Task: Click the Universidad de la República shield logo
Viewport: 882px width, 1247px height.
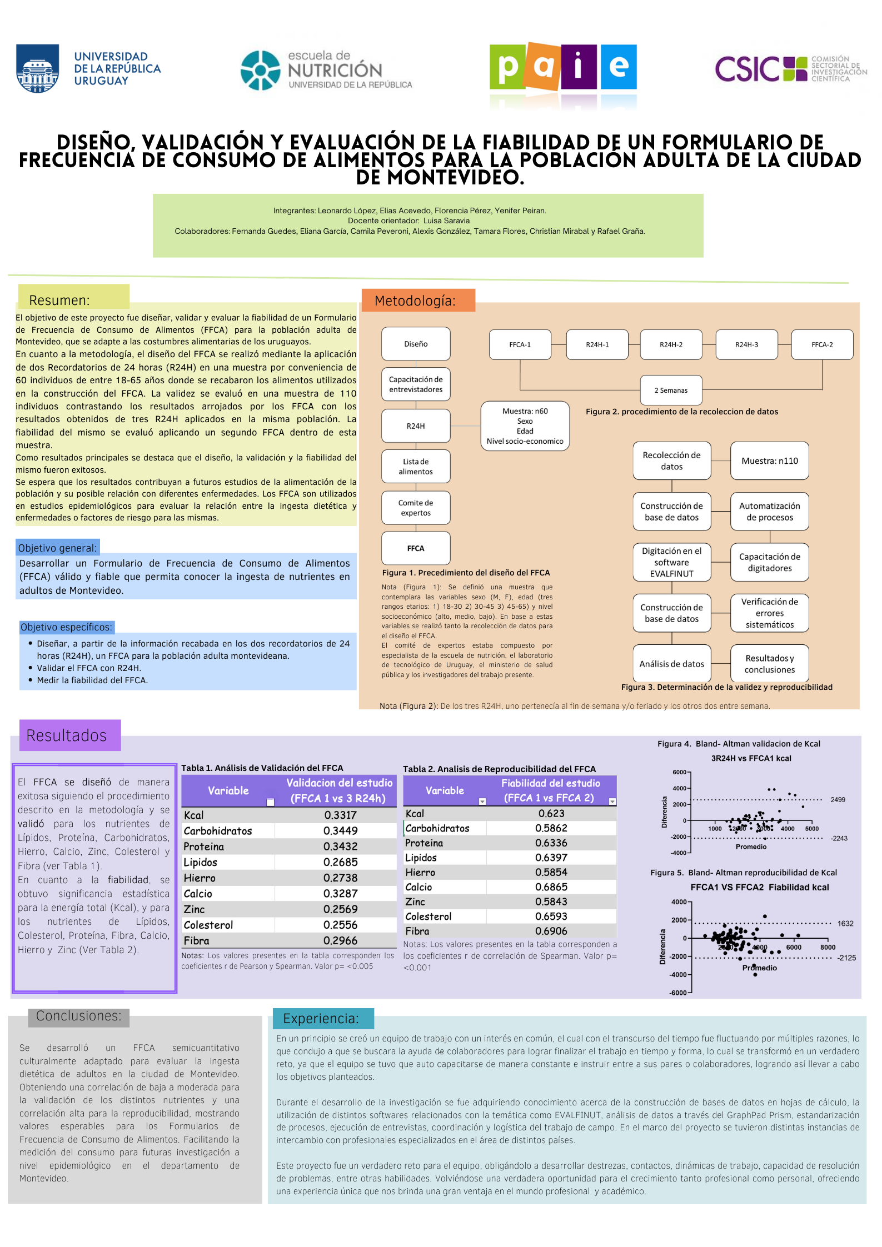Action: pyautogui.click(x=38, y=68)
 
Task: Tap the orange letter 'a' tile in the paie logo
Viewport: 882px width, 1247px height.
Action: pyautogui.click(x=543, y=67)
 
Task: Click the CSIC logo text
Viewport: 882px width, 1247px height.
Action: pyautogui.click(x=748, y=69)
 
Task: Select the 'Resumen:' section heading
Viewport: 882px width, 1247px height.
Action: pyautogui.click(x=59, y=300)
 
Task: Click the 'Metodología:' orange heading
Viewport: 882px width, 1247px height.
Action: pyautogui.click(x=415, y=301)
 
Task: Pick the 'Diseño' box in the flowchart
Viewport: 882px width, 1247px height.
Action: pyautogui.click(x=416, y=344)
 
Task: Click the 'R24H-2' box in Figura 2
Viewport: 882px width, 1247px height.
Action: pyautogui.click(x=671, y=344)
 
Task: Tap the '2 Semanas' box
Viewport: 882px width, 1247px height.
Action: pyautogui.click(x=671, y=390)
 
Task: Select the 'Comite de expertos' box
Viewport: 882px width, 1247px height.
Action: pyautogui.click(x=416, y=508)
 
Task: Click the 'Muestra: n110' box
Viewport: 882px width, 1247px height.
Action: pyautogui.click(x=770, y=460)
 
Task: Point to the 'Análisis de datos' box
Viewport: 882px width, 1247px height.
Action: pyautogui.click(x=672, y=663)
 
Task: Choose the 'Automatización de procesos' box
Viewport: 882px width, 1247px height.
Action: pyautogui.click(x=770, y=512)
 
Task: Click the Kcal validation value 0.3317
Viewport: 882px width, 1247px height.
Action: pyautogui.click(x=340, y=815)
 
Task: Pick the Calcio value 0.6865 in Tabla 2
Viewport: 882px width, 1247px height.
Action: pyautogui.click(x=551, y=887)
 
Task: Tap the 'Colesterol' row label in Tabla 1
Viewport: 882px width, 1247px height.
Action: pyautogui.click(x=208, y=925)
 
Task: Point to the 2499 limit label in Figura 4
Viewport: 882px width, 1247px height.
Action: pyautogui.click(x=838, y=799)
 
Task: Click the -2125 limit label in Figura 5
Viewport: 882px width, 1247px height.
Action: pyautogui.click(x=847, y=958)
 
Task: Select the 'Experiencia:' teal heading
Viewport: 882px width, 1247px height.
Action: pyautogui.click(x=321, y=1018)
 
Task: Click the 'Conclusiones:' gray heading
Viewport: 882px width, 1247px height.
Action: pyautogui.click(x=78, y=1016)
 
